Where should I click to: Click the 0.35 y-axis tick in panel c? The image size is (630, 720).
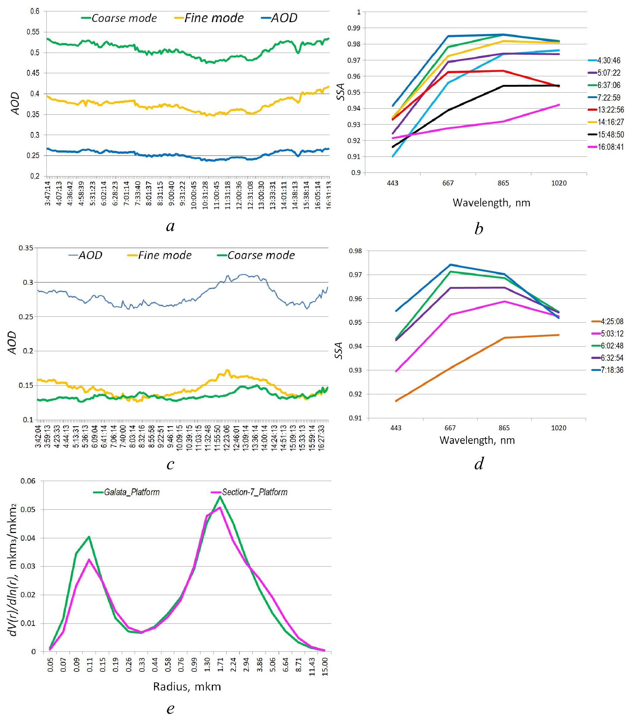(26, 248)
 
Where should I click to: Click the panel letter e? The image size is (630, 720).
(170, 708)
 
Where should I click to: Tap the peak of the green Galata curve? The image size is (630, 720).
(220, 497)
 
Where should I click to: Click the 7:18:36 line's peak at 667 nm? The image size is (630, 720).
(450, 265)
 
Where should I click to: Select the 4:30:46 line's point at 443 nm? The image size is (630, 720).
(393, 156)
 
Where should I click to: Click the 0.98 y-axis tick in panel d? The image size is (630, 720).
(357, 251)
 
